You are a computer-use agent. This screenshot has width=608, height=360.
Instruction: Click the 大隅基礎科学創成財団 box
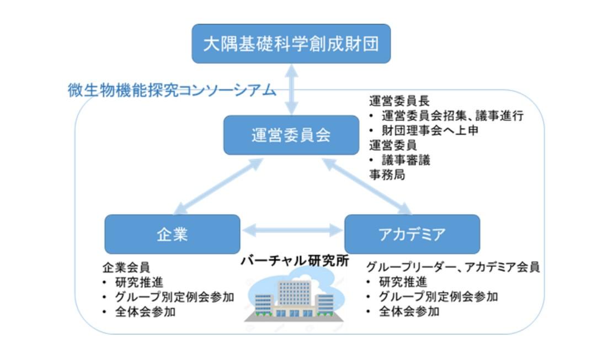tap(291, 44)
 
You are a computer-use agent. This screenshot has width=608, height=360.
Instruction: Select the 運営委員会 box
tap(290, 135)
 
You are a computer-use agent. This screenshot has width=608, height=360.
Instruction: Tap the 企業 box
tap(172, 234)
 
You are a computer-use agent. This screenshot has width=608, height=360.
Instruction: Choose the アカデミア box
tap(412, 234)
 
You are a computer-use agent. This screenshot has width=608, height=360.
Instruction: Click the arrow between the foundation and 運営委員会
tap(291, 89)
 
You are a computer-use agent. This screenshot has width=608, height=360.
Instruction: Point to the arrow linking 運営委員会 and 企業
tap(217, 186)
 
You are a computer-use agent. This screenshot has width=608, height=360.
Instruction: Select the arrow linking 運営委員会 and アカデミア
tap(367, 186)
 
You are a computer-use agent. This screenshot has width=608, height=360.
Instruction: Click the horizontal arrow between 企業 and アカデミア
tap(292, 229)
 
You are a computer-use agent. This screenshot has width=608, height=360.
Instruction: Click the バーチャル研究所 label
tap(295, 261)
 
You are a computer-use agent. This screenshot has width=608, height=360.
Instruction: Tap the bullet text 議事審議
tap(406, 160)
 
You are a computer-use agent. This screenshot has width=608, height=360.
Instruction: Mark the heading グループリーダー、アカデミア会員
tap(453, 268)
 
